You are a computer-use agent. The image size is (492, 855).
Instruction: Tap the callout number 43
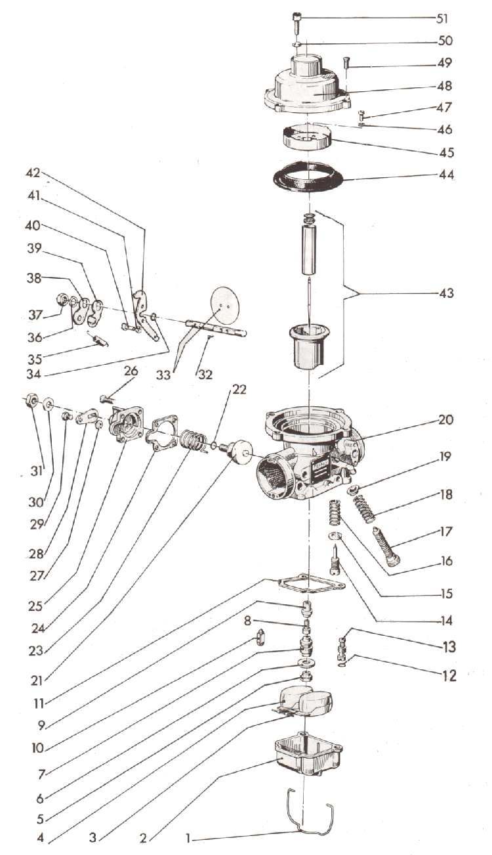(445, 293)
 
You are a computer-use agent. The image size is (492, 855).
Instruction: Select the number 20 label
(445, 419)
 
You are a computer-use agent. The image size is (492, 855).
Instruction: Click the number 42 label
(32, 174)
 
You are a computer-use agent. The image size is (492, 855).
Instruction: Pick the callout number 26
(131, 371)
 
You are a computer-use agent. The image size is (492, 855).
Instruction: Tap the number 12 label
(449, 675)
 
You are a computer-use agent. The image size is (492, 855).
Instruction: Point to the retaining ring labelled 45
(306, 139)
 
